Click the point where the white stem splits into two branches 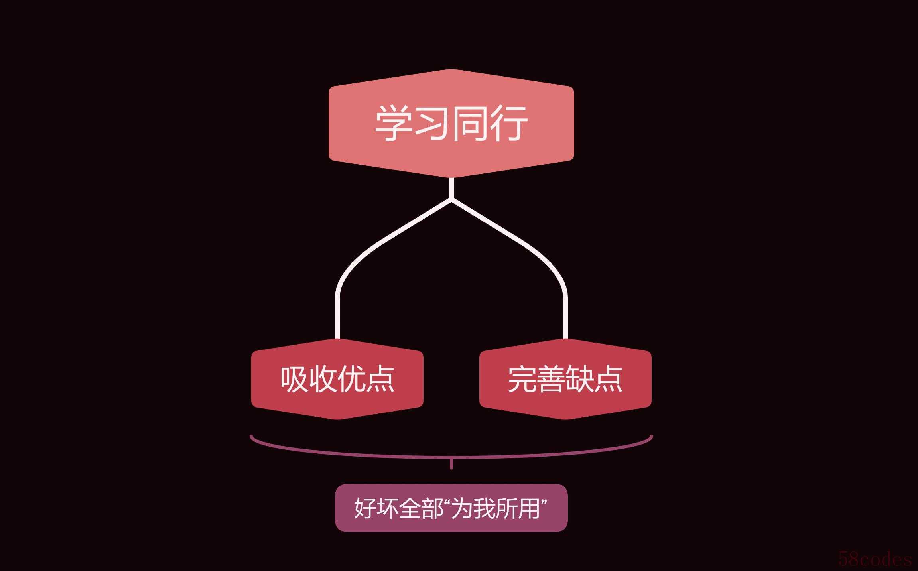[x=451, y=199]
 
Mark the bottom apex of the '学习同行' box [x=451, y=178]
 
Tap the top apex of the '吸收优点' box [x=338, y=339]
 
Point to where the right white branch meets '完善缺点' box [x=565, y=339]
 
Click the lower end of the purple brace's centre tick [x=451, y=469]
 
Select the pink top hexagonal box [x=451, y=124]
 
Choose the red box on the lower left [x=337, y=379]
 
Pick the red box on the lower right [x=565, y=379]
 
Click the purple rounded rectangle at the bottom [x=451, y=508]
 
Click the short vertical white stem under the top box [x=451, y=188]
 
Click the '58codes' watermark [x=875, y=559]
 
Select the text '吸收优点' [x=337, y=379]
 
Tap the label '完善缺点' [x=565, y=379]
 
